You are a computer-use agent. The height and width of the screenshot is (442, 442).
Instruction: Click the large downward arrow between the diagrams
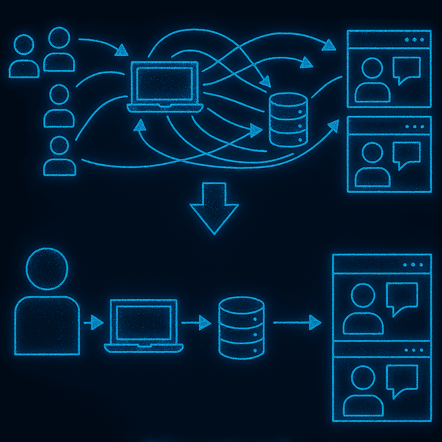(x=214, y=207)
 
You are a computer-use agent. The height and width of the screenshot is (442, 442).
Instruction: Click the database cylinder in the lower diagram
(x=241, y=328)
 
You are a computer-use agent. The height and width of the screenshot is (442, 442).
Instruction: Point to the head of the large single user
(x=47, y=269)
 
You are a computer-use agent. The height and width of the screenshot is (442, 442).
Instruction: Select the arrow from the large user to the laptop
(x=93, y=322)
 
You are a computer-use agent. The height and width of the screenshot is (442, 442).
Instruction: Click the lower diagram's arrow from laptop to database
(x=196, y=322)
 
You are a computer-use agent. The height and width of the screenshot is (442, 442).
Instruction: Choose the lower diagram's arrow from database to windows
(x=297, y=322)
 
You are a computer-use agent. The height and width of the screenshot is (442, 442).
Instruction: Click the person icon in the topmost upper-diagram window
(x=372, y=80)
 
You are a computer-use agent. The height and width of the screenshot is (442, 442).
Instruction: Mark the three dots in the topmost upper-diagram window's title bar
(x=414, y=39)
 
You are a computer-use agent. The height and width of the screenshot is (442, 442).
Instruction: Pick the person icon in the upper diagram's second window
(x=372, y=166)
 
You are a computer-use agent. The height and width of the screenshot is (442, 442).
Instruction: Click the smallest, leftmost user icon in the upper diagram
(x=24, y=56)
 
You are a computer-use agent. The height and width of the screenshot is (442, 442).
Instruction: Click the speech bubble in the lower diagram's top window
(x=402, y=297)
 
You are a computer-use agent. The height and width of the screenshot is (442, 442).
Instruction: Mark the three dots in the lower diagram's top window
(x=413, y=265)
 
